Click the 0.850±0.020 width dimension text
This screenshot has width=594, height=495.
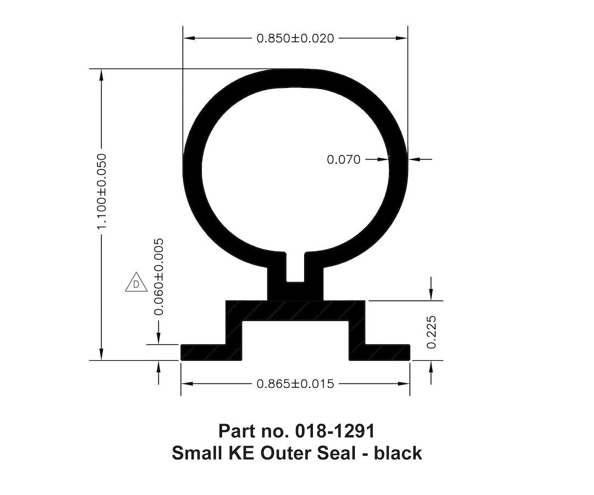click(x=295, y=38)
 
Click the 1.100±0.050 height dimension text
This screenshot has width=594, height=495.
click(x=101, y=192)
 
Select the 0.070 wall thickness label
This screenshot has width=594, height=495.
click(x=344, y=159)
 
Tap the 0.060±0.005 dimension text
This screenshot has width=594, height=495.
click(x=159, y=277)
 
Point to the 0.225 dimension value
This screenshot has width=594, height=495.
click(x=431, y=332)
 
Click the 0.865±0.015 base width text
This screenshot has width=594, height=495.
click(x=295, y=384)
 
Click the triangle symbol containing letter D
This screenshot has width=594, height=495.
click(x=136, y=283)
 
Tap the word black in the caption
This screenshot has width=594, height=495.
click(x=398, y=453)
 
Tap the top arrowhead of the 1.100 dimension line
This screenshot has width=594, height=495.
click(x=101, y=75)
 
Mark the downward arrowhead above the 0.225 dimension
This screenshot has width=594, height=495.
click(x=431, y=295)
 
